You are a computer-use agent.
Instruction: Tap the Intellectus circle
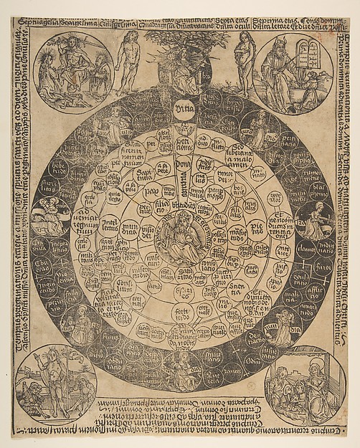[x=111, y=229]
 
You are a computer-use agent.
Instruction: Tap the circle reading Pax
[x=152, y=194]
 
